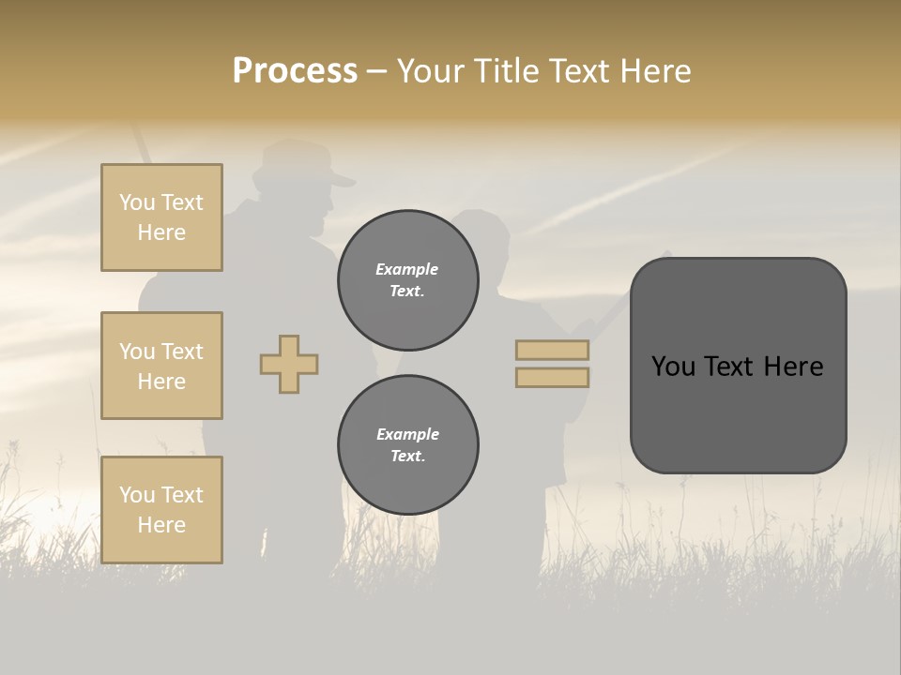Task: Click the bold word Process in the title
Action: [295, 71]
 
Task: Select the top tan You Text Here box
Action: [161, 217]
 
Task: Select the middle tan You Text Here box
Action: [161, 366]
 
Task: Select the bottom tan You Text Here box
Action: [161, 509]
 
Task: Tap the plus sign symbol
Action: [289, 364]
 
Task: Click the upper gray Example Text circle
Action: [407, 279]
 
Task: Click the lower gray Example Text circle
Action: [407, 444]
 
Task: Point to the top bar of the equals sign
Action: [552, 351]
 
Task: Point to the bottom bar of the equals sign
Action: [552, 377]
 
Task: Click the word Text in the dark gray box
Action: [739, 367]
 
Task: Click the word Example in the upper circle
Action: [407, 269]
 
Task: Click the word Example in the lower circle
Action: [407, 434]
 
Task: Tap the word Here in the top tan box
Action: [161, 232]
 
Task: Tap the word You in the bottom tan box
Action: [136, 495]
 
